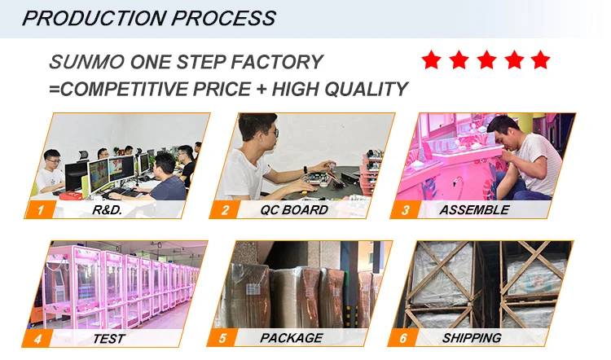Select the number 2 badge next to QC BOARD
tap(225, 210)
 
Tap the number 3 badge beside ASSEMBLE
tap(405, 210)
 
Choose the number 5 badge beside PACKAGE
tap(222, 337)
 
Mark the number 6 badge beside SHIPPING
tap(405, 337)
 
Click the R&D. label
tap(109, 210)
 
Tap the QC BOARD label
tap(294, 210)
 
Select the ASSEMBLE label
tap(474, 210)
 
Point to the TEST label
tap(109, 337)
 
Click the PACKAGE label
tap(292, 337)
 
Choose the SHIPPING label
tap(473, 337)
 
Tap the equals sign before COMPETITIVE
tap(54, 89)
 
